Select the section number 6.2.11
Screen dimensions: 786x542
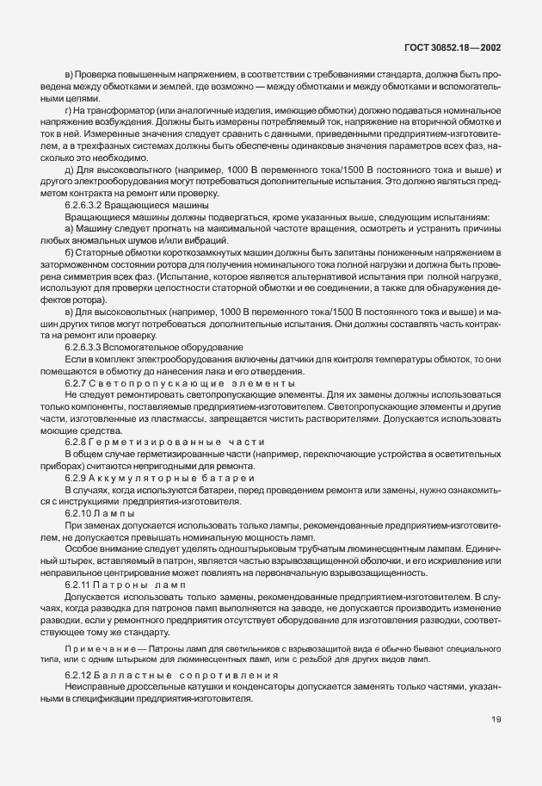[77, 585]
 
